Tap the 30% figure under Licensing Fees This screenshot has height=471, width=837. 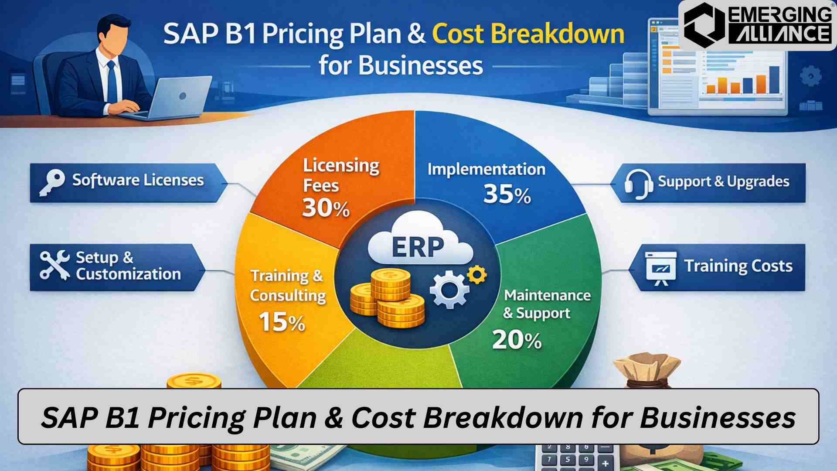[326, 208]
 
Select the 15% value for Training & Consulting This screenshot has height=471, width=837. [282, 323]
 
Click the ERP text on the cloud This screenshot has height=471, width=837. [418, 247]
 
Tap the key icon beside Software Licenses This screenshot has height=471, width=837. [52, 182]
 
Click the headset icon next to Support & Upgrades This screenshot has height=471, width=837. [638, 184]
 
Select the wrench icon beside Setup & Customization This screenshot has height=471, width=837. [54, 265]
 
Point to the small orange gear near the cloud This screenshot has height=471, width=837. [476, 275]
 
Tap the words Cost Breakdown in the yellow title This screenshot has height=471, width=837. [528, 34]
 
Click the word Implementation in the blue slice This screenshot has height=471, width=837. [486, 169]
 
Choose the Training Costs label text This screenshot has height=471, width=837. [738, 266]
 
